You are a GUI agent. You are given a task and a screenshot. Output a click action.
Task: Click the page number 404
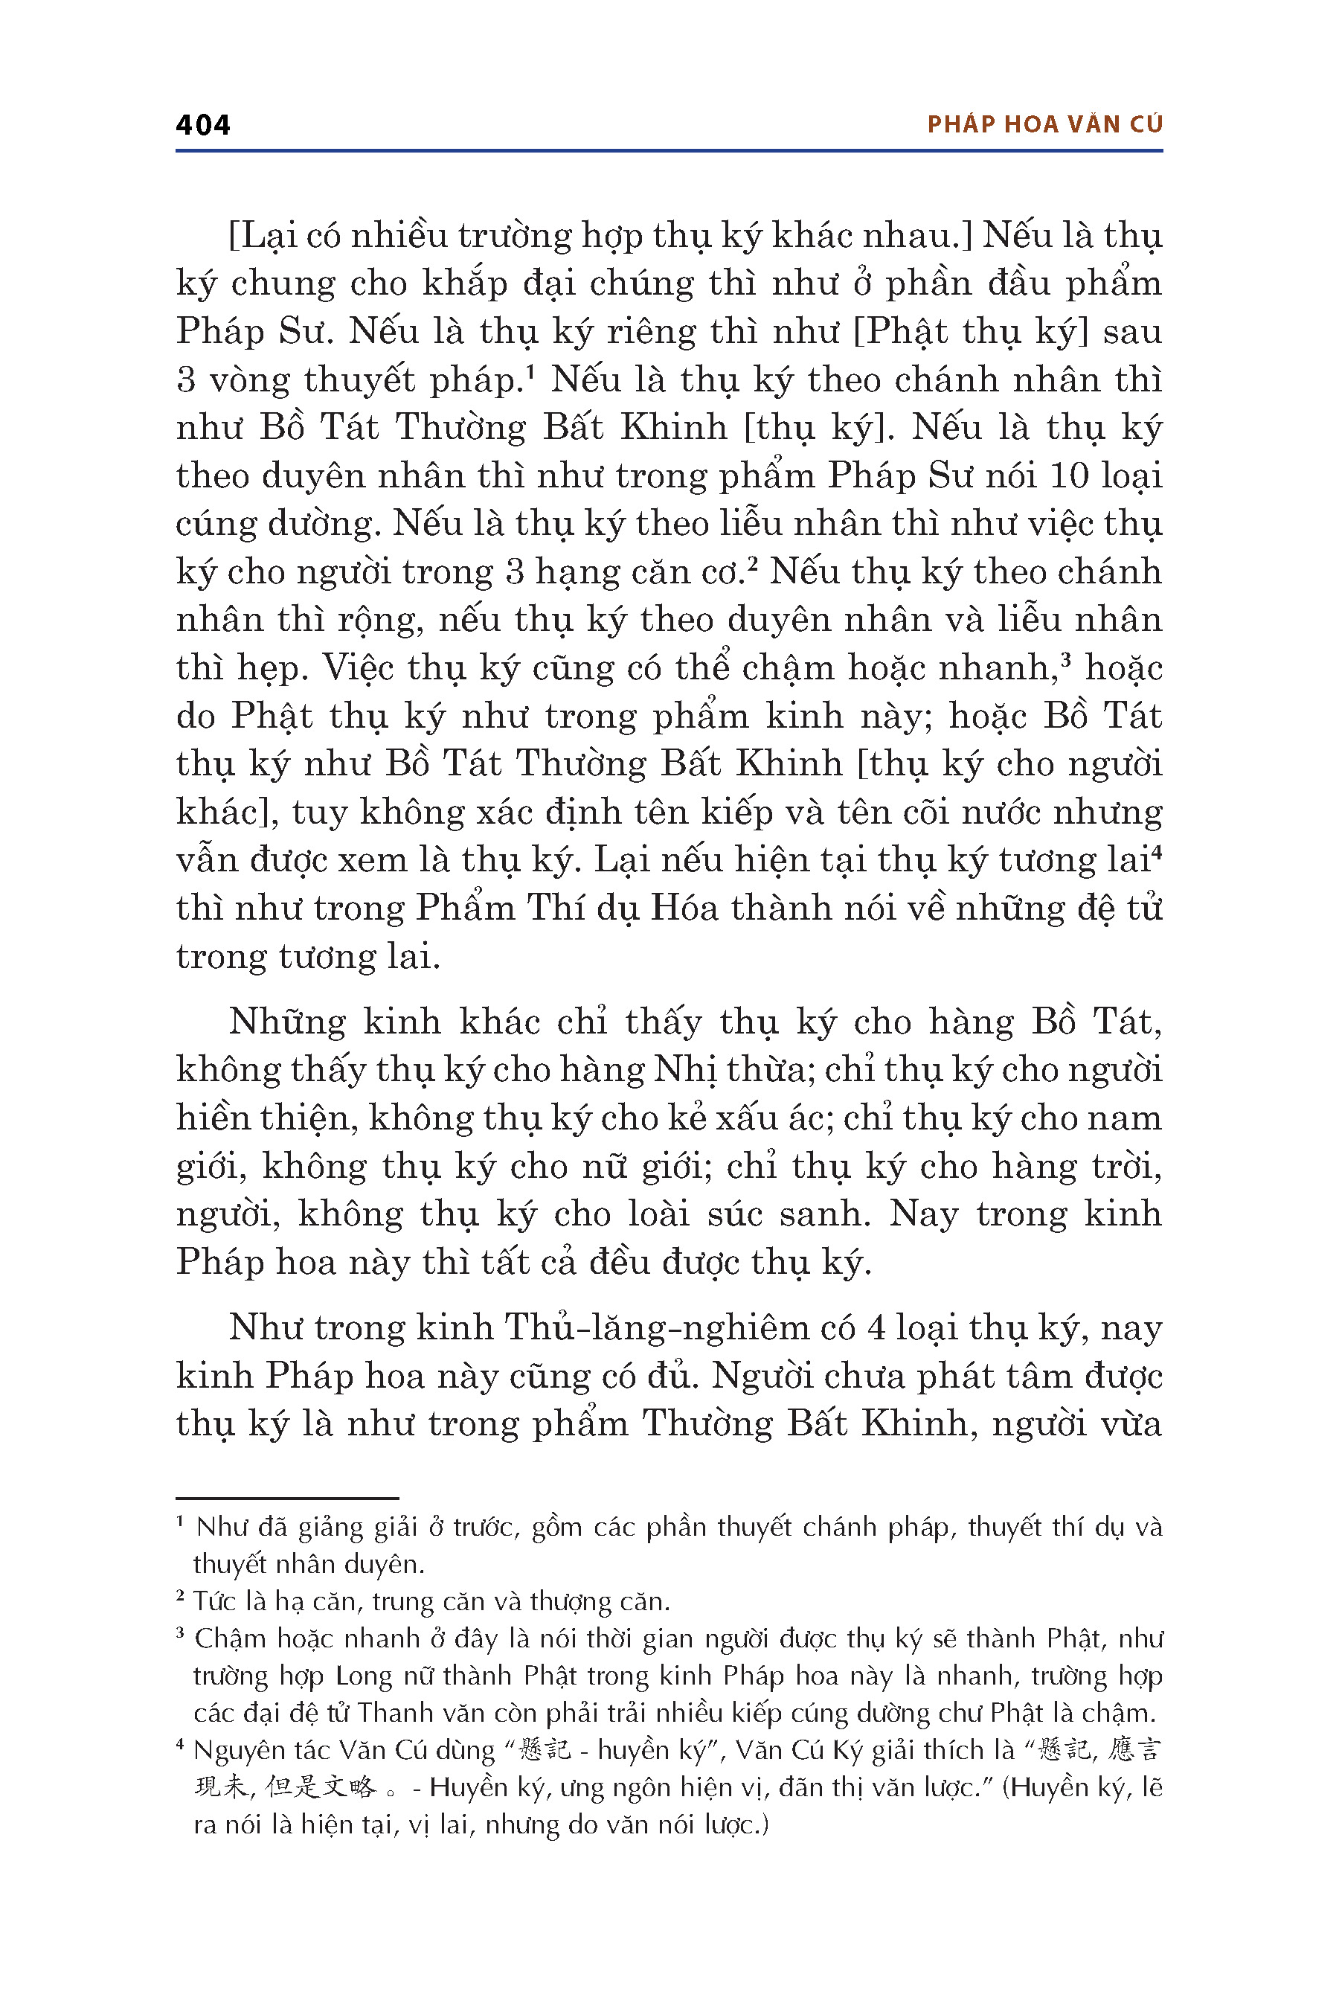(x=202, y=125)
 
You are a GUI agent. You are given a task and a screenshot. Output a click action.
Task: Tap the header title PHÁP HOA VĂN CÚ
(x=1044, y=125)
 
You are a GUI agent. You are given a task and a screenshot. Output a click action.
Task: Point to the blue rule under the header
(x=669, y=151)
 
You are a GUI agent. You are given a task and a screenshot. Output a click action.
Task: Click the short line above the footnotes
(x=287, y=1497)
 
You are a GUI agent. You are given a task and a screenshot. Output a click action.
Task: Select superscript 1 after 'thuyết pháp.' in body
(x=530, y=371)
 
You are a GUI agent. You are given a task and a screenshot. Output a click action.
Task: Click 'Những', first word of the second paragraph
(x=287, y=1022)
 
